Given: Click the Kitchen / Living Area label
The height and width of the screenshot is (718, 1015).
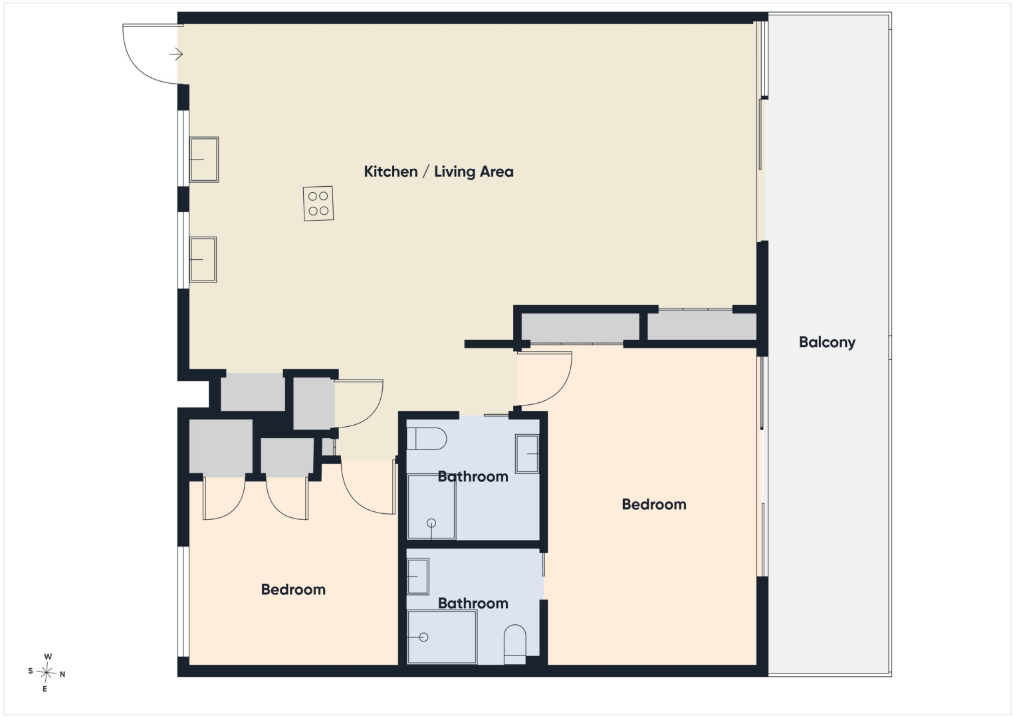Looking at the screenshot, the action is click(439, 172).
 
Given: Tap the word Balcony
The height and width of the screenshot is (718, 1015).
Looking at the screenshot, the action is click(827, 342).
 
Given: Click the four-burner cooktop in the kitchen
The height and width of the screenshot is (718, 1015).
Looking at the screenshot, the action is click(318, 203).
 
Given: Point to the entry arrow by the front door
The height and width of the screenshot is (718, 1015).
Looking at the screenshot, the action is click(176, 55).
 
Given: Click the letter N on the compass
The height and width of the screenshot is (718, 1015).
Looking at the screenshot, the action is click(62, 674).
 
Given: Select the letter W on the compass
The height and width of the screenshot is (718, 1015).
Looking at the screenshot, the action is click(48, 656).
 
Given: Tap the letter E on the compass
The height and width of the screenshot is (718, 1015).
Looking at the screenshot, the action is click(45, 689).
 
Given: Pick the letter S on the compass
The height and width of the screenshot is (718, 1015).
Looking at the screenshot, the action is click(31, 671).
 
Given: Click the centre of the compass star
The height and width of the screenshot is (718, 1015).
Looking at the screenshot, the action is click(47, 673).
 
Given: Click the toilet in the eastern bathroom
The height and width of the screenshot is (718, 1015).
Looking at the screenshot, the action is click(514, 644).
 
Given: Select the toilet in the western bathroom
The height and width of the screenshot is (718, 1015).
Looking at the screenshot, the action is click(426, 439).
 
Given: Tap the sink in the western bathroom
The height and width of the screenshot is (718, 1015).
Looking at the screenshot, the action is click(527, 453).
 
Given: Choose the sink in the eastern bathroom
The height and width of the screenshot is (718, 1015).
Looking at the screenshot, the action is click(418, 576).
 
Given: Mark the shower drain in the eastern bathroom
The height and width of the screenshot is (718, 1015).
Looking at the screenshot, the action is click(423, 638).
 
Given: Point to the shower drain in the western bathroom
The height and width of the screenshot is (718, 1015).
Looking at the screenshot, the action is click(431, 523).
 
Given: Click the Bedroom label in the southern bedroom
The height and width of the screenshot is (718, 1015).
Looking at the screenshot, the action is click(293, 590).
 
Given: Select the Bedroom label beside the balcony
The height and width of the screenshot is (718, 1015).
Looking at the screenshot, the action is click(654, 505).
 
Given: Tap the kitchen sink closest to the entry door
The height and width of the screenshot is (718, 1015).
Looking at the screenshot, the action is click(204, 160).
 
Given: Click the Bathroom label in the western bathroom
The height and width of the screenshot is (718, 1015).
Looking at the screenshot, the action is click(473, 477).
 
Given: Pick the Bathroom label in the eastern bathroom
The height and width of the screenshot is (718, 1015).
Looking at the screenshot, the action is click(473, 604).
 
